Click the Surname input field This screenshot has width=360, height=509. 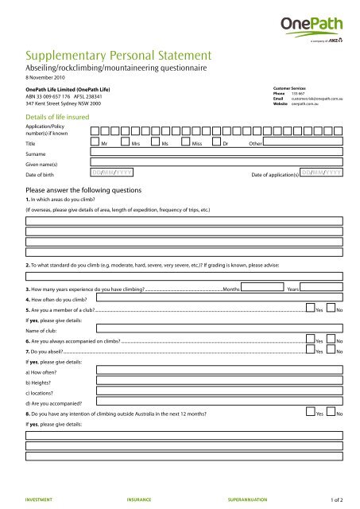tap(215, 157)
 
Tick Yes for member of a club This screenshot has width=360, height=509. tap(310, 309)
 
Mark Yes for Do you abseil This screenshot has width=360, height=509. tap(310, 350)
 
